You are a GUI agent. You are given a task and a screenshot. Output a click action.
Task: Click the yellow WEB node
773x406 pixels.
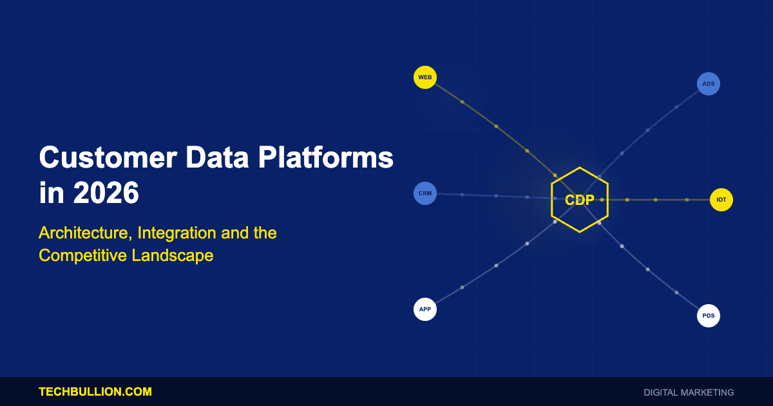(x=425, y=77)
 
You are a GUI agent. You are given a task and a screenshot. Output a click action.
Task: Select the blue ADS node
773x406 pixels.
(x=709, y=84)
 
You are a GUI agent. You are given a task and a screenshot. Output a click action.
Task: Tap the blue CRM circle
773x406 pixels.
(x=425, y=193)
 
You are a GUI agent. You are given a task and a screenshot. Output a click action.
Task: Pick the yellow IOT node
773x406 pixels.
(x=721, y=200)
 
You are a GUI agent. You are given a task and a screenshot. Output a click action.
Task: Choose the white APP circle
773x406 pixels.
(x=425, y=309)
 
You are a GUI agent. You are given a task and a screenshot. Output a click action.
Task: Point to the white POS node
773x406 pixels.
(x=709, y=316)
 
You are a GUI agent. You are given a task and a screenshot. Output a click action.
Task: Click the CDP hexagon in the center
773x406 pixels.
(x=580, y=200)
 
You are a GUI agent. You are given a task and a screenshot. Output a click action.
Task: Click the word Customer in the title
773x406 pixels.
(x=108, y=157)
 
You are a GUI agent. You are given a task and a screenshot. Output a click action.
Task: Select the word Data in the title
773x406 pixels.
(x=218, y=157)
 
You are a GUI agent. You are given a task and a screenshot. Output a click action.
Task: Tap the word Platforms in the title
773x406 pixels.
(x=326, y=157)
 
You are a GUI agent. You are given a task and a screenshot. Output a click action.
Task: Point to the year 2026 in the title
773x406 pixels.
(x=106, y=193)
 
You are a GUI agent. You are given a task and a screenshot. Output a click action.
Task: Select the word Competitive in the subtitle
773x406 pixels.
(x=83, y=256)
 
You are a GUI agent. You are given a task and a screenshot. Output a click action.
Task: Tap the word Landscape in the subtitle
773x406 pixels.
(x=173, y=256)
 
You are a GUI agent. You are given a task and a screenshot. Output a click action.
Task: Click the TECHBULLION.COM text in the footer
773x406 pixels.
(x=95, y=392)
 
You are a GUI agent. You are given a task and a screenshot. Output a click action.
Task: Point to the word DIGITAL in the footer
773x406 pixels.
(x=660, y=392)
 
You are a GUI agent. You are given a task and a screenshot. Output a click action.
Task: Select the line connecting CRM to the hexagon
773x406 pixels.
(x=494, y=196)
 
